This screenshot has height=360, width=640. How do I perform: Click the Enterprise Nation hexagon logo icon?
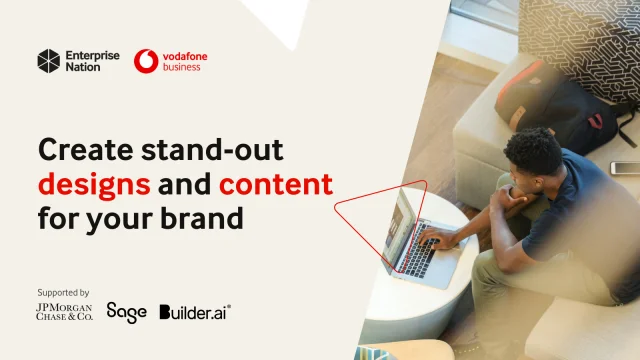click(x=49, y=62)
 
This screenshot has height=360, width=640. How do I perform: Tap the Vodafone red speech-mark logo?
click(x=146, y=62)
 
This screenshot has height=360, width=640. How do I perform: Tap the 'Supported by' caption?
click(x=62, y=293)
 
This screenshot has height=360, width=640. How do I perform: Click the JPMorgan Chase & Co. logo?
click(x=65, y=312)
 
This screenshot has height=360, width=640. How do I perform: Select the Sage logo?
click(x=126, y=312)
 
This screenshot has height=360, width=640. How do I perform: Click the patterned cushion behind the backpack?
click(x=580, y=40)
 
